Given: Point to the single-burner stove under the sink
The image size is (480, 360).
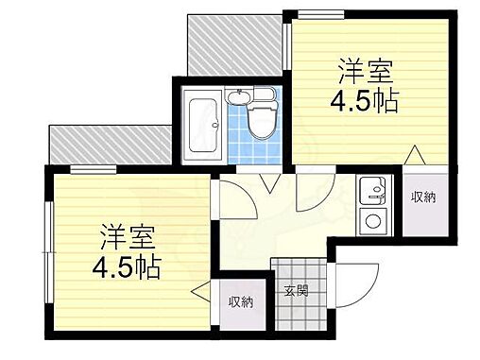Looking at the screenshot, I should coord(371,223).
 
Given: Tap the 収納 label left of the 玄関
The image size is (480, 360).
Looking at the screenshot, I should coord(240,301).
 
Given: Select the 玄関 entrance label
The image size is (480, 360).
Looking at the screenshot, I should coord(296,290).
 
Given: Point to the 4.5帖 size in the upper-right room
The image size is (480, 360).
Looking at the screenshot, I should coord(365,100).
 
